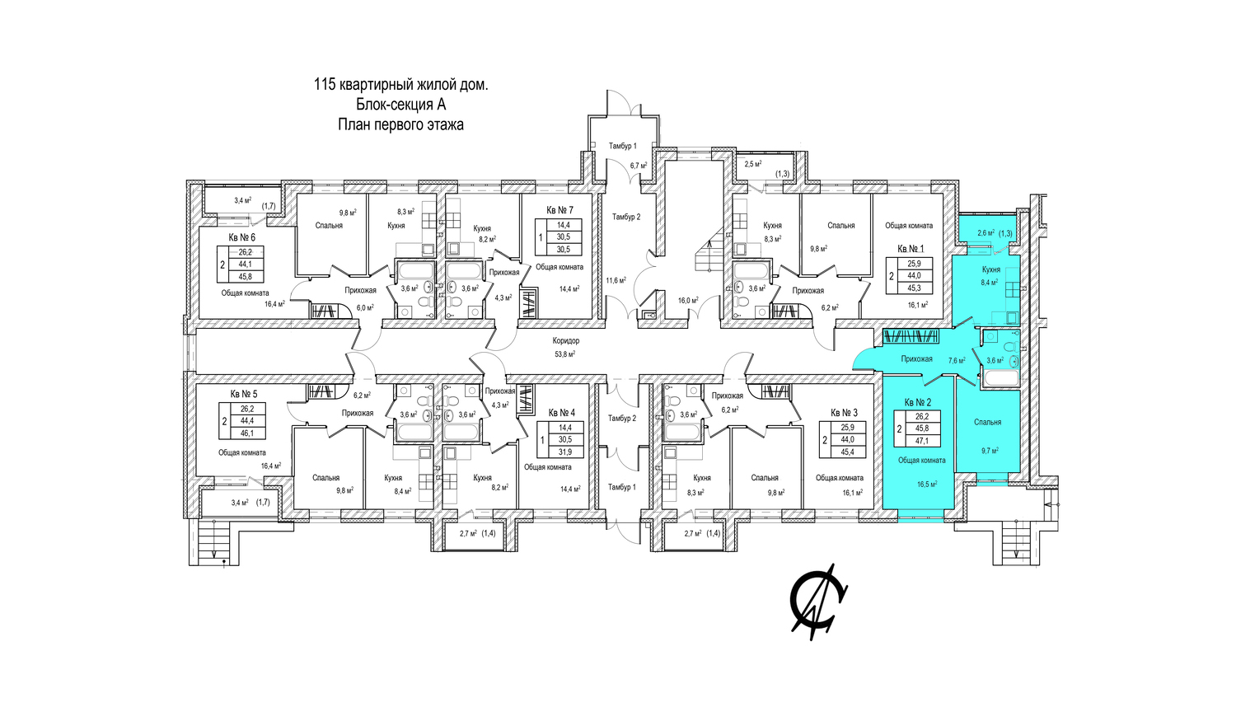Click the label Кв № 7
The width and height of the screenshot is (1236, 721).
point(559,210)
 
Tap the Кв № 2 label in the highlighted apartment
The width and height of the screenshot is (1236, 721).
point(918,402)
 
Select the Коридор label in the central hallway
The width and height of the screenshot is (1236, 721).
point(565,341)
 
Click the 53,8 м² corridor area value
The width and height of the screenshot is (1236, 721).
point(565,354)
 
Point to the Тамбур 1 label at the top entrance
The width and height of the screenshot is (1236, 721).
point(622,146)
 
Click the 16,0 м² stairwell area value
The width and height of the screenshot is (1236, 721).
point(689,300)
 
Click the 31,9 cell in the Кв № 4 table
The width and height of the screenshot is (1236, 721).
point(564,452)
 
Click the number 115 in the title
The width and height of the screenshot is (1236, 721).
point(324,85)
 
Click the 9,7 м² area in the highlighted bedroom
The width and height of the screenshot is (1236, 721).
point(990,451)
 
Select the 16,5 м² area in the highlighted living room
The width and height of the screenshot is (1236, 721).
point(927,484)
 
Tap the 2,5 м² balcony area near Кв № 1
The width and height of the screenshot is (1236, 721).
point(752,164)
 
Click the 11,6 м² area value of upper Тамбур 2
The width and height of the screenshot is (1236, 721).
point(616,280)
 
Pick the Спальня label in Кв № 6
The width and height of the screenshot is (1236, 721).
point(329,226)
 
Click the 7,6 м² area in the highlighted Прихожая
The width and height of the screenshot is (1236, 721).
point(956,361)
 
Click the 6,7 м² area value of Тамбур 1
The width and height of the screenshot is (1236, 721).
point(639,165)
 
